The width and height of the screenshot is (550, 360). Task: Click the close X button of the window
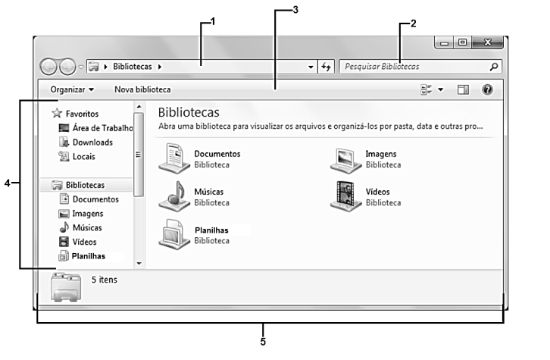[x=488, y=42]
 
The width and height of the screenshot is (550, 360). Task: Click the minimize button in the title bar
[x=445, y=42]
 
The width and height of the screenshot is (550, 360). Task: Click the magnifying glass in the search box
[x=494, y=67]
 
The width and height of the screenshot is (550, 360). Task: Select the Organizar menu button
[x=72, y=89]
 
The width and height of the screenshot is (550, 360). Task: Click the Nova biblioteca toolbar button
[x=142, y=89]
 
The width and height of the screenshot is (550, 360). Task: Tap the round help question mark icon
[x=487, y=90]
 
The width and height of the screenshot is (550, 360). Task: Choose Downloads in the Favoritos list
[x=92, y=142]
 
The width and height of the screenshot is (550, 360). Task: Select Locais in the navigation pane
[x=84, y=156]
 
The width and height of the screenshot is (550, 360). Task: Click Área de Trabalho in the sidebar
[x=103, y=128]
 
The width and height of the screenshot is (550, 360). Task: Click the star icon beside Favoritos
[x=57, y=113]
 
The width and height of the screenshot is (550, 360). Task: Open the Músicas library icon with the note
[x=174, y=196]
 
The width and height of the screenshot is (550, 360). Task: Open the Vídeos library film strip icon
[x=345, y=196]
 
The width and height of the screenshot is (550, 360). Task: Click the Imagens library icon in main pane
[x=345, y=161]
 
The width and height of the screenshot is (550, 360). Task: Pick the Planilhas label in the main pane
[x=211, y=230]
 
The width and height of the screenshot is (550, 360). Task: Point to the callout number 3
[x=295, y=10]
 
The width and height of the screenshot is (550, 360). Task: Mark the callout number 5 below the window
[x=263, y=342]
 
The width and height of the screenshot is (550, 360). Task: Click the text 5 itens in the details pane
[x=105, y=280]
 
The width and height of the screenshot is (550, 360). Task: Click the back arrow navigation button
[x=48, y=67]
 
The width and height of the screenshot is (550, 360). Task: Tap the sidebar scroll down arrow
[x=139, y=263]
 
